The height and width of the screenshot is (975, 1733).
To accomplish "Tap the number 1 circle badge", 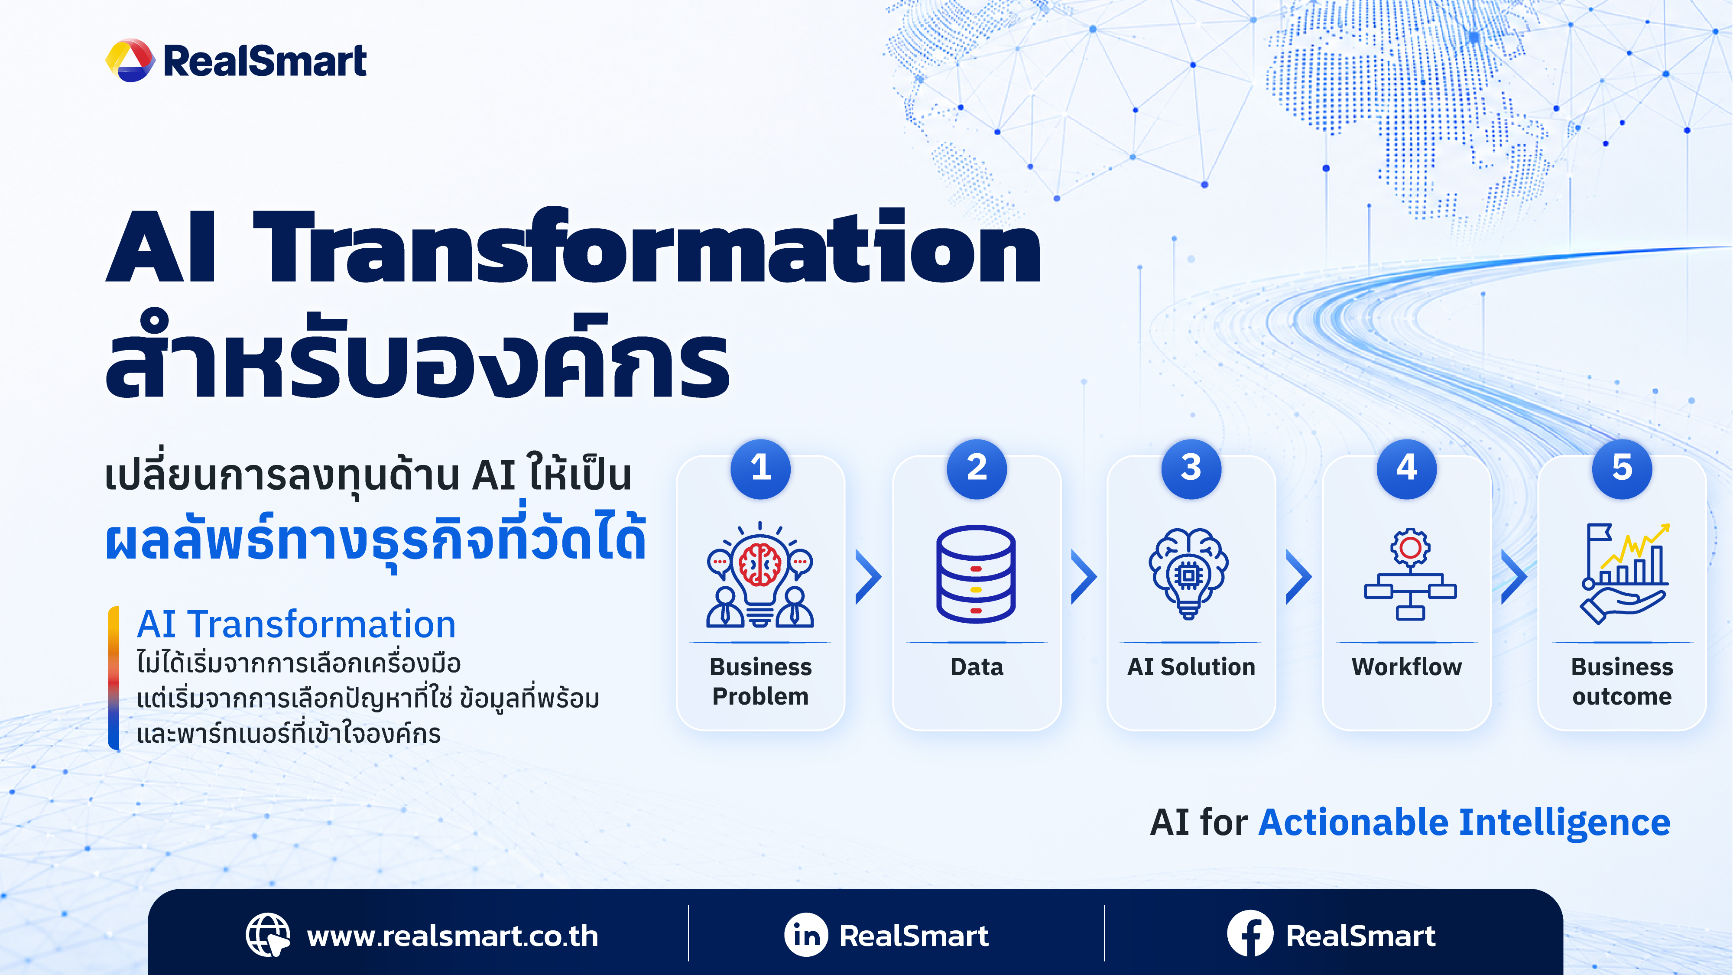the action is click(x=760, y=469).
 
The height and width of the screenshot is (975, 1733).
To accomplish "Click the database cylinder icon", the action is click(x=976, y=574).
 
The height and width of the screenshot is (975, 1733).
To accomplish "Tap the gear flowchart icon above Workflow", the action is click(x=1410, y=574).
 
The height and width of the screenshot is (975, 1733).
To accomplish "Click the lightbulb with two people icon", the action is click(x=760, y=574).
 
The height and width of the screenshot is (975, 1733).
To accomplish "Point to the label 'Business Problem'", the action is click(x=760, y=681).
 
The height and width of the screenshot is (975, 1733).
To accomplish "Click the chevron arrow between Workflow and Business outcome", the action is click(x=1514, y=576).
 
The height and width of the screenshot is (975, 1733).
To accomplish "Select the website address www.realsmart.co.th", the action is click(x=452, y=936).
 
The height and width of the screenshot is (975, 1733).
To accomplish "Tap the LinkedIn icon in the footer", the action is click(x=806, y=935).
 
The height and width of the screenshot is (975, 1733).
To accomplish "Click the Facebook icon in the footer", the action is click(x=1250, y=934).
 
